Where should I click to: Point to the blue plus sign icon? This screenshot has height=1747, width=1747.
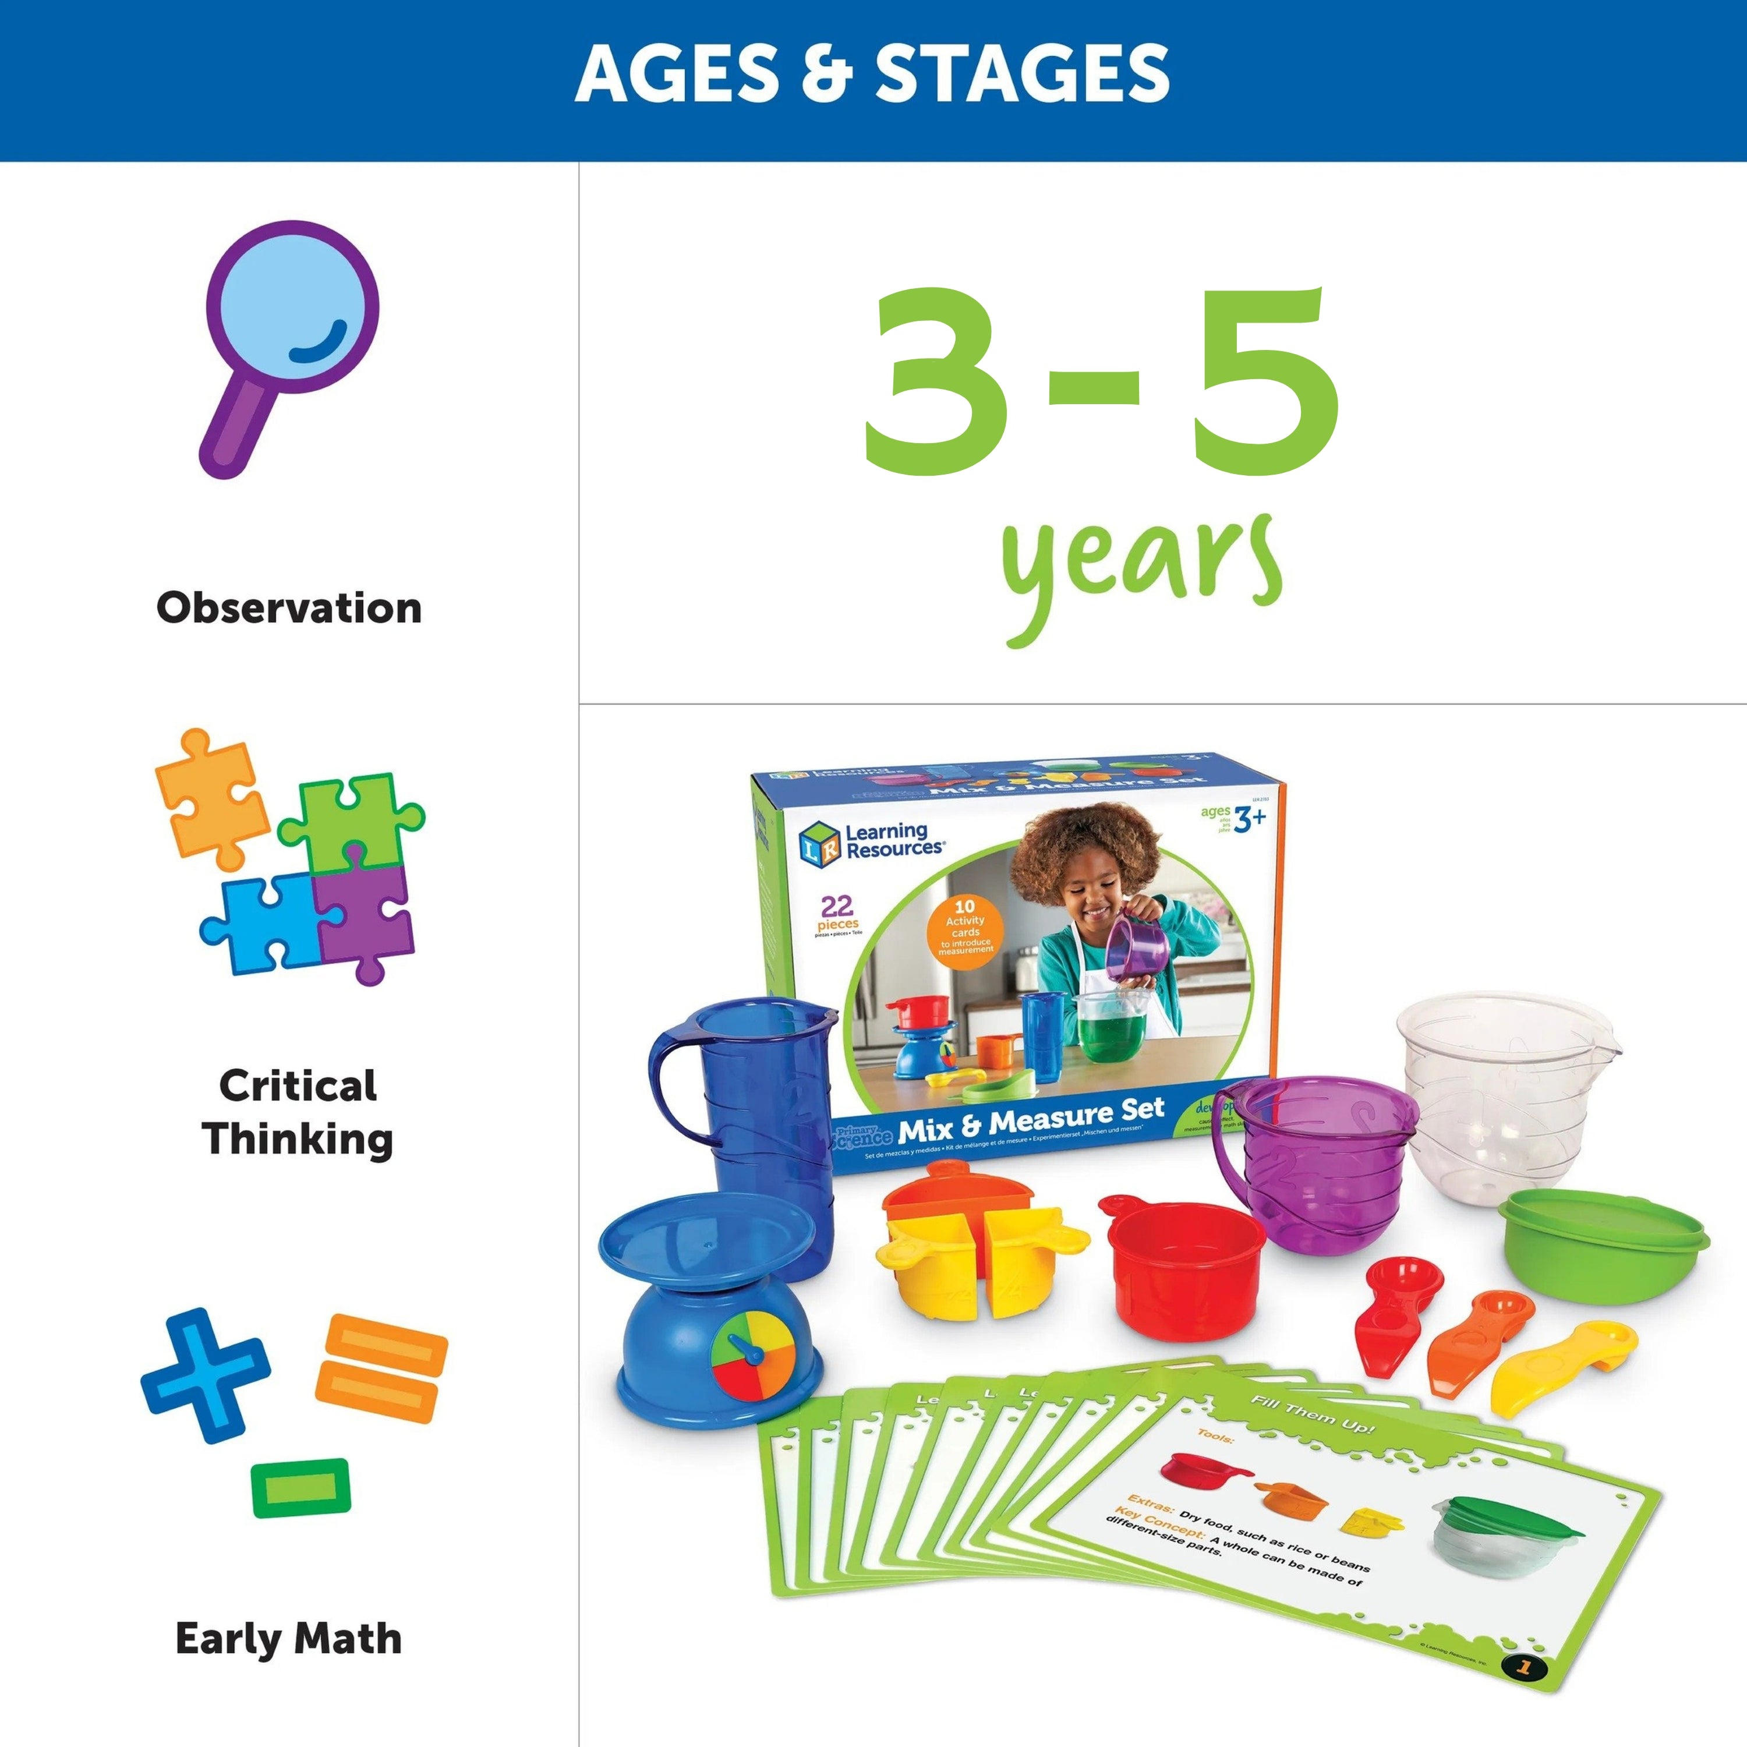click(205, 1374)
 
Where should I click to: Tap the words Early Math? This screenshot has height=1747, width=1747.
click(288, 1639)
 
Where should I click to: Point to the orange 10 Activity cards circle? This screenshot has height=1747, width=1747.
click(965, 931)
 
